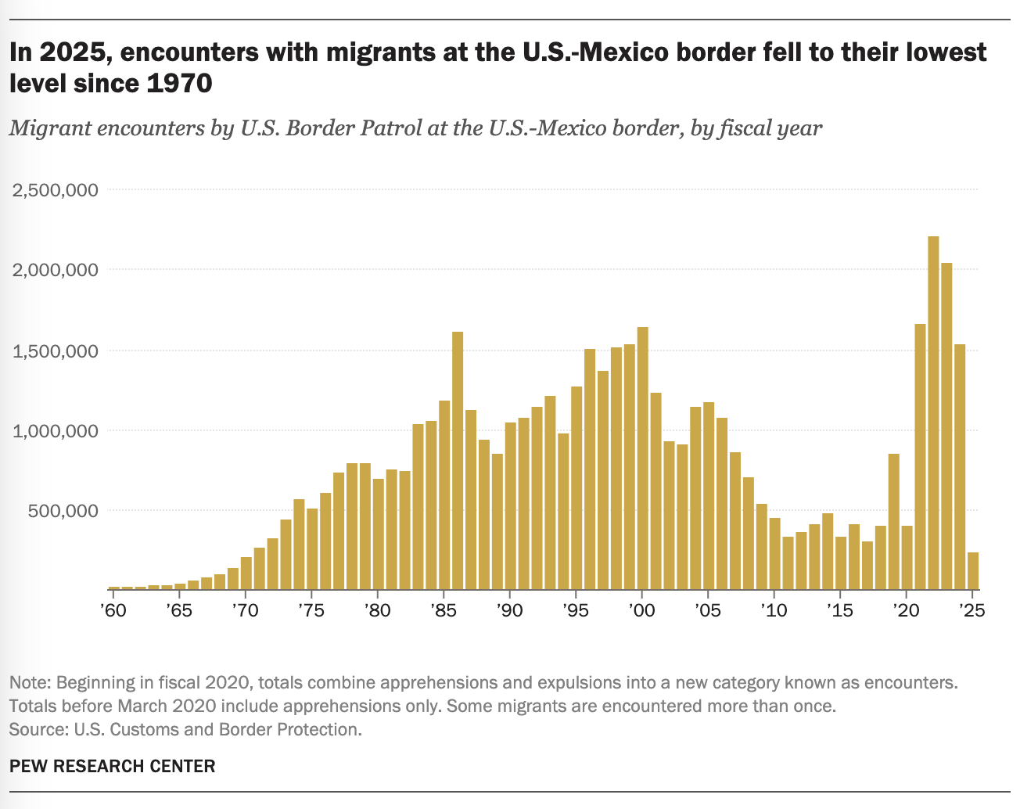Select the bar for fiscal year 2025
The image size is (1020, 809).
(972, 571)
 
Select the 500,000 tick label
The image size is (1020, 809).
(64, 511)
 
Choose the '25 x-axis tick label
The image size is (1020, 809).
(971, 610)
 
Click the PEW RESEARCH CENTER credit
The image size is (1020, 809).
(112, 766)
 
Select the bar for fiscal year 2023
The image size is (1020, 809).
(946, 426)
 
